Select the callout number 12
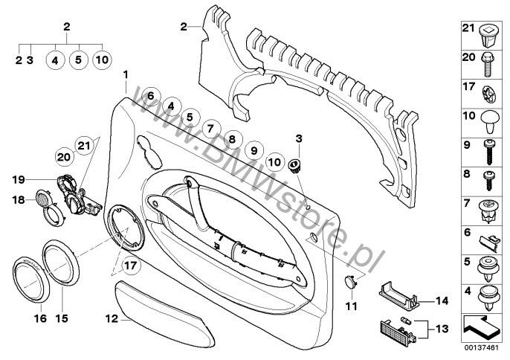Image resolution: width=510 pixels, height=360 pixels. pyautogui.click(x=111, y=318)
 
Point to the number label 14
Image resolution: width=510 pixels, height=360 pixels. pyautogui.click(x=440, y=301)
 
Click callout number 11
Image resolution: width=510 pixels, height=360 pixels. pyautogui.click(x=351, y=305)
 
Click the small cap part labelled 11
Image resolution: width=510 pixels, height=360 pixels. pyautogui.click(x=351, y=280)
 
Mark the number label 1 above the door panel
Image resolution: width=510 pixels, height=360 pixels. pyautogui.click(x=127, y=75)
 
